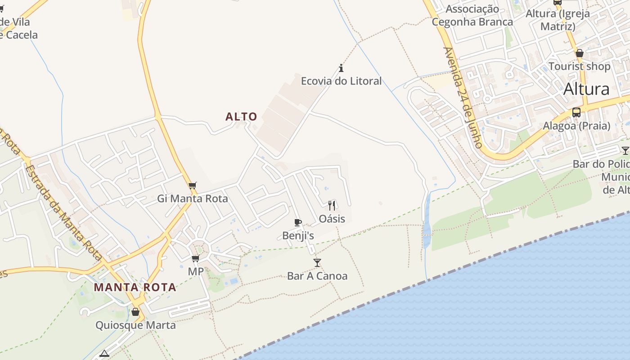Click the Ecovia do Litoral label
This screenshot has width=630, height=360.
tap(341, 81)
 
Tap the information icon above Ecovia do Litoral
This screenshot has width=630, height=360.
tap(341, 68)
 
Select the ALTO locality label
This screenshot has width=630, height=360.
tap(241, 117)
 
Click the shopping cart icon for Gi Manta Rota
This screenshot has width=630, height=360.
tap(193, 185)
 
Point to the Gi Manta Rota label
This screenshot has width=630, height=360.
tap(193, 198)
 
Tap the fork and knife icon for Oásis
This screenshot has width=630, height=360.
tap(332, 206)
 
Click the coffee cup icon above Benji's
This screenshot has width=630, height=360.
tap(297, 222)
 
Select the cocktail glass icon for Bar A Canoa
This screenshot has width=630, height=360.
tap(317, 263)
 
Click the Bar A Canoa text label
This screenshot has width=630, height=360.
tap(317, 276)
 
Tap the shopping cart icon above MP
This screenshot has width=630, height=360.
tap(195, 259)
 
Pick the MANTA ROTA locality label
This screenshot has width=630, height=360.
tap(135, 287)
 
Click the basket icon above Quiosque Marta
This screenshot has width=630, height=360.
tap(135, 312)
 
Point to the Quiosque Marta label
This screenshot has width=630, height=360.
tap(135, 325)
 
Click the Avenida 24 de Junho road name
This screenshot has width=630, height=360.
tap(463, 97)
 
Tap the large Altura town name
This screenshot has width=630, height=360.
tap(586, 89)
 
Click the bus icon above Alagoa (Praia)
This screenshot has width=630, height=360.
tap(576, 112)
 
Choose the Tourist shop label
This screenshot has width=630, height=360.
tap(580, 67)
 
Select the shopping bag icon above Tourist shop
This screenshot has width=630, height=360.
tap(580, 54)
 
